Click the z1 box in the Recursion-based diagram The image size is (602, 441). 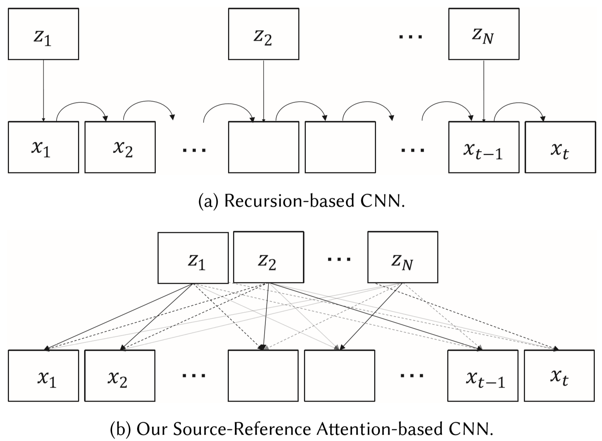pyautogui.click(x=43, y=34)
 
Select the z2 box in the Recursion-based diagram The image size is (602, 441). pyautogui.click(x=264, y=34)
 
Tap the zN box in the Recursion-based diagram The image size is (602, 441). pyautogui.click(x=483, y=34)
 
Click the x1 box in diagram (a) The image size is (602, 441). pyautogui.click(x=43, y=147)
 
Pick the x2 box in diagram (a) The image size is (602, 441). pyautogui.click(x=120, y=147)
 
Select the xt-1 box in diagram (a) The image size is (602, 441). pyautogui.click(x=483, y=147)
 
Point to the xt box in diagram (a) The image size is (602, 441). pyautogui.click(x=560, y=147)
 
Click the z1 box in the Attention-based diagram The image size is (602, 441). pyautogui.click(x=193, y=258)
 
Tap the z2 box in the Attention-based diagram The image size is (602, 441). pyautogui.click(x=269, y=258)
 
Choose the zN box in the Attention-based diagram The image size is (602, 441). pyautogui.click(x=403, y=258)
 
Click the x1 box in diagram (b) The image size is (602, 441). pyautogui.click(x=43, y=375)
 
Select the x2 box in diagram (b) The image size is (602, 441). pyautogui.click(x=120, y=375)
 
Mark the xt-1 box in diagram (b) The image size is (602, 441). pyautogui.click(x=482, y=375)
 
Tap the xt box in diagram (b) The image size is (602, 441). pyautogui.click(x=559, y=375)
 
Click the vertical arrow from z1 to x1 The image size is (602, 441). pyautogui.click(x=43, y=90)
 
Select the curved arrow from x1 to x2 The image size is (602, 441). pyautogui.click(x=82, y=105)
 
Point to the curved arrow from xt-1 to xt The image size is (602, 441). pyautogui.click(x=519, y=105)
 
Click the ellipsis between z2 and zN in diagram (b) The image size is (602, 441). pyautogui.click(x=339, y=259)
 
